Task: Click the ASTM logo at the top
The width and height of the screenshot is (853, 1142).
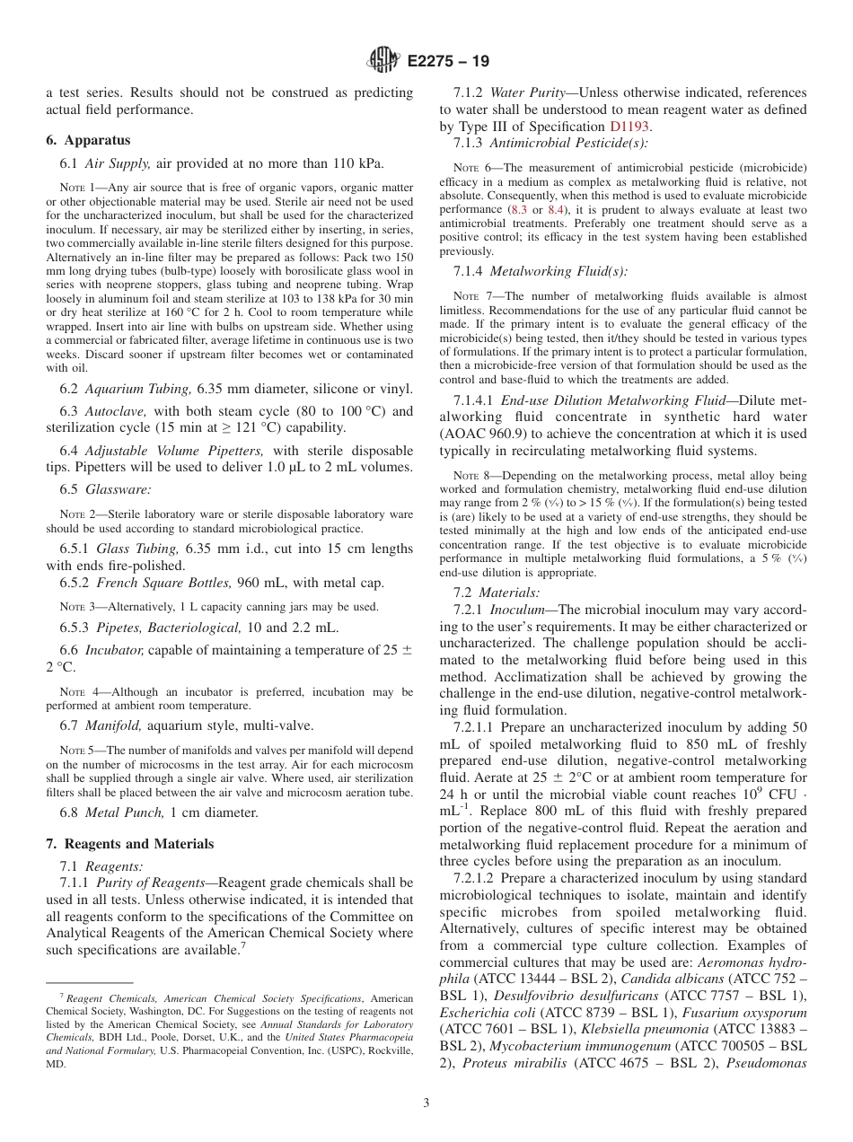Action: tap(384, 61)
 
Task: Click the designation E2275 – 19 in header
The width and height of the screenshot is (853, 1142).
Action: tap(448, 62)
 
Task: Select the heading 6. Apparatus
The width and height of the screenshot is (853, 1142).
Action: tap(88, 140)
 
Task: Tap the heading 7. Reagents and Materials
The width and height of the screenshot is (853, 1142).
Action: tap(130, 844)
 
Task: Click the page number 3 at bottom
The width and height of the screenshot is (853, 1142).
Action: tap(426, 1103)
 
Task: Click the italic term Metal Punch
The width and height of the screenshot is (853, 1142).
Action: tap(121, 813)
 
